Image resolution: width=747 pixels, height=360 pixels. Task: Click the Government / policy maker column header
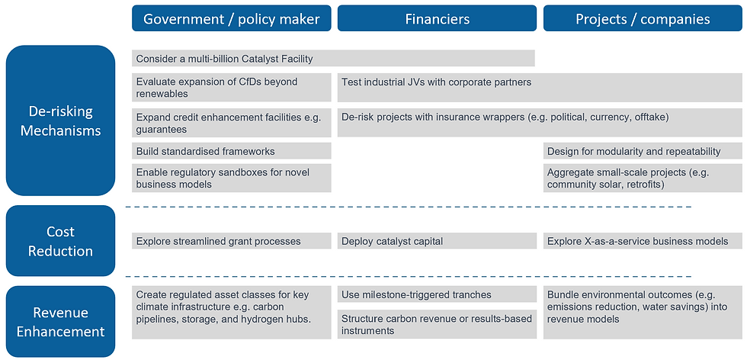231,18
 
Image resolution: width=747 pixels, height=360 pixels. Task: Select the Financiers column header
437,18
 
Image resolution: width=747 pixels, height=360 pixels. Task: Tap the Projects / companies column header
643,18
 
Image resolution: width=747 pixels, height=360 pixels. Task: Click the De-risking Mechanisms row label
61,121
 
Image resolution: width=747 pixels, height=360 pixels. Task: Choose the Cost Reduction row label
61,241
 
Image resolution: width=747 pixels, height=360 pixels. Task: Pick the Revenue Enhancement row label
61,322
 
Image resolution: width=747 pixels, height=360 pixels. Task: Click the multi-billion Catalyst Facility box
333,59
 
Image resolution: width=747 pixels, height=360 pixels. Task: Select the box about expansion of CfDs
232,88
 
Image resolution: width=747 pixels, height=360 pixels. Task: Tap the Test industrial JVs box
540,88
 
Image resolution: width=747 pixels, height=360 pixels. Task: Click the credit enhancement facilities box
232,124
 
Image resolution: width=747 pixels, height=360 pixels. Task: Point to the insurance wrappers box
540,124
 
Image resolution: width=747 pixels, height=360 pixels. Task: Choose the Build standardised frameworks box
232,151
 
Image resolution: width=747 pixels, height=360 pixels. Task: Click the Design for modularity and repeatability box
643,151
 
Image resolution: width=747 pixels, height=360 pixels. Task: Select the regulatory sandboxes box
232,178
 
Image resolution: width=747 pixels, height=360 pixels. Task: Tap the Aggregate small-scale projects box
643,178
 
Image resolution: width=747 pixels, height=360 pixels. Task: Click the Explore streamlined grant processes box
232,241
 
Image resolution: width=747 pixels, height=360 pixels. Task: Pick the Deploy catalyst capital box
437,241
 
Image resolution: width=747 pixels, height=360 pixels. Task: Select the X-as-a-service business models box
643,241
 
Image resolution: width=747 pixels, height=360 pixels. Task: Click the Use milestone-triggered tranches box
437,294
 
